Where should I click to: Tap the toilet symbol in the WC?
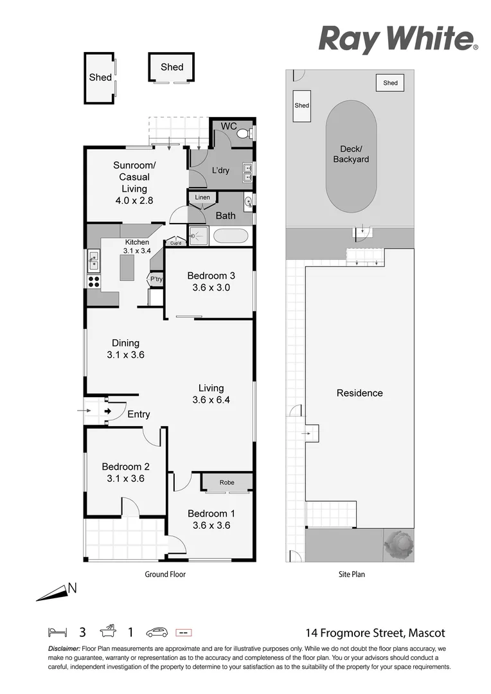point(242,134)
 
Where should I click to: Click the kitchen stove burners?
point(94,281)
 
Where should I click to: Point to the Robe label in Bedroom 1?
point(227,483)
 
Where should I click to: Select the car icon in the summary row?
point(157,632)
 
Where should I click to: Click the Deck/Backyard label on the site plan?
point(351,154)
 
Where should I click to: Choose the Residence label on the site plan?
point(359,393)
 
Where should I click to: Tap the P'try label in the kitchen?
point(155,279)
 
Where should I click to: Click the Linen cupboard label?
point(202,197)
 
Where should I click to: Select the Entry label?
point(138,414)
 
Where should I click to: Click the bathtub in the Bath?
point(231,236)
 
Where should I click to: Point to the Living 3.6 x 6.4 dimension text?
point(211,400)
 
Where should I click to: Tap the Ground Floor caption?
point(165,574)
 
